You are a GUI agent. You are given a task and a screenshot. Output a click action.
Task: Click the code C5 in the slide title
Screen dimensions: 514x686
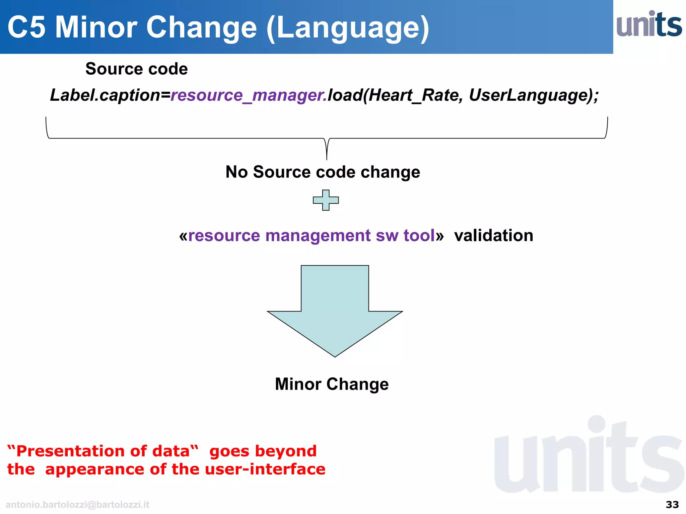pos(26,27)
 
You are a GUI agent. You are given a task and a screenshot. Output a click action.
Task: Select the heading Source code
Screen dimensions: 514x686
pos(136,69)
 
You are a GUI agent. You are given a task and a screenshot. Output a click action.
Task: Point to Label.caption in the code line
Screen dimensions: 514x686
pos(105,95)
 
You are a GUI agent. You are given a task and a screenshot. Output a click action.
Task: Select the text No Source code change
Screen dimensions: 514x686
pos(323,172)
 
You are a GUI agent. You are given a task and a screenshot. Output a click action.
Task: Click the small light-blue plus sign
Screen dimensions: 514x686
pos(326,200)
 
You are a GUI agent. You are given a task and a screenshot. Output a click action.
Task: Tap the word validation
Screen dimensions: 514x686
pos(493,235)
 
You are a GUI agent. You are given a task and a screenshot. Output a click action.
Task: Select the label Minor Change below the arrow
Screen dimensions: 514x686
pos(332,384)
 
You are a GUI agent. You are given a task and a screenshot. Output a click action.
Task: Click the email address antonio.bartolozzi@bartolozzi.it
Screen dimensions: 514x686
pos(77,505)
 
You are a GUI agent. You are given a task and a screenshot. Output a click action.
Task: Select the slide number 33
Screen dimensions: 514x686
pos(672,505)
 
